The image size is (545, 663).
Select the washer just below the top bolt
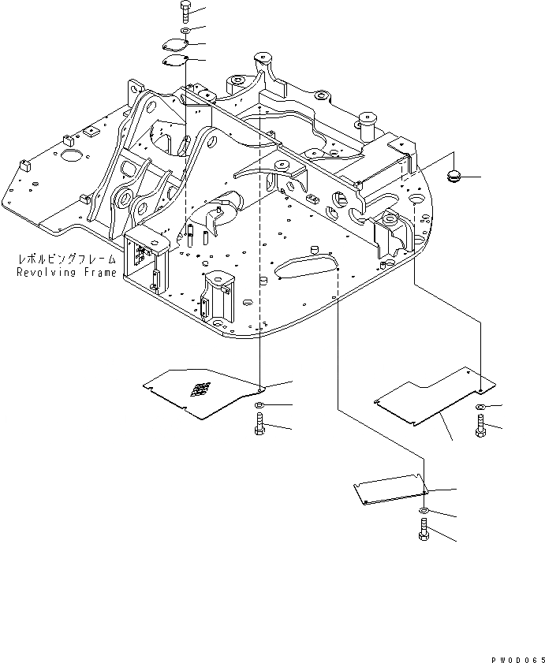click(x=184, y=30)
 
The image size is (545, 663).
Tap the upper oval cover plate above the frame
click(x=174, y=46)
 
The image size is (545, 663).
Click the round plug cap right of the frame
click(x=455, y=176)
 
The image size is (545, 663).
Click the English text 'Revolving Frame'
click(x=66, y=272)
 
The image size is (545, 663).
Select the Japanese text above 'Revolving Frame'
click(x=66, y=259)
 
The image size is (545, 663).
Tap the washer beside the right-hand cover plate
click(x=481, y=408)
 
